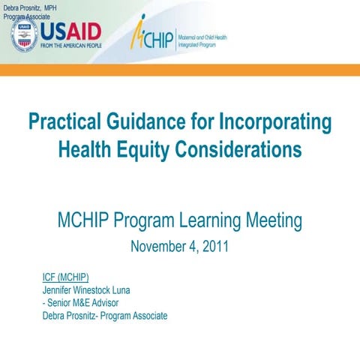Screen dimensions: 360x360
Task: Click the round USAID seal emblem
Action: (24, 35)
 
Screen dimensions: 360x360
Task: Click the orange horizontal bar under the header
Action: (180, 70)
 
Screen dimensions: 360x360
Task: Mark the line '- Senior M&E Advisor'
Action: (81, 303)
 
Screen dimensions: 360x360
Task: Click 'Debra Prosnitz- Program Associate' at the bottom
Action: (105, 316)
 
